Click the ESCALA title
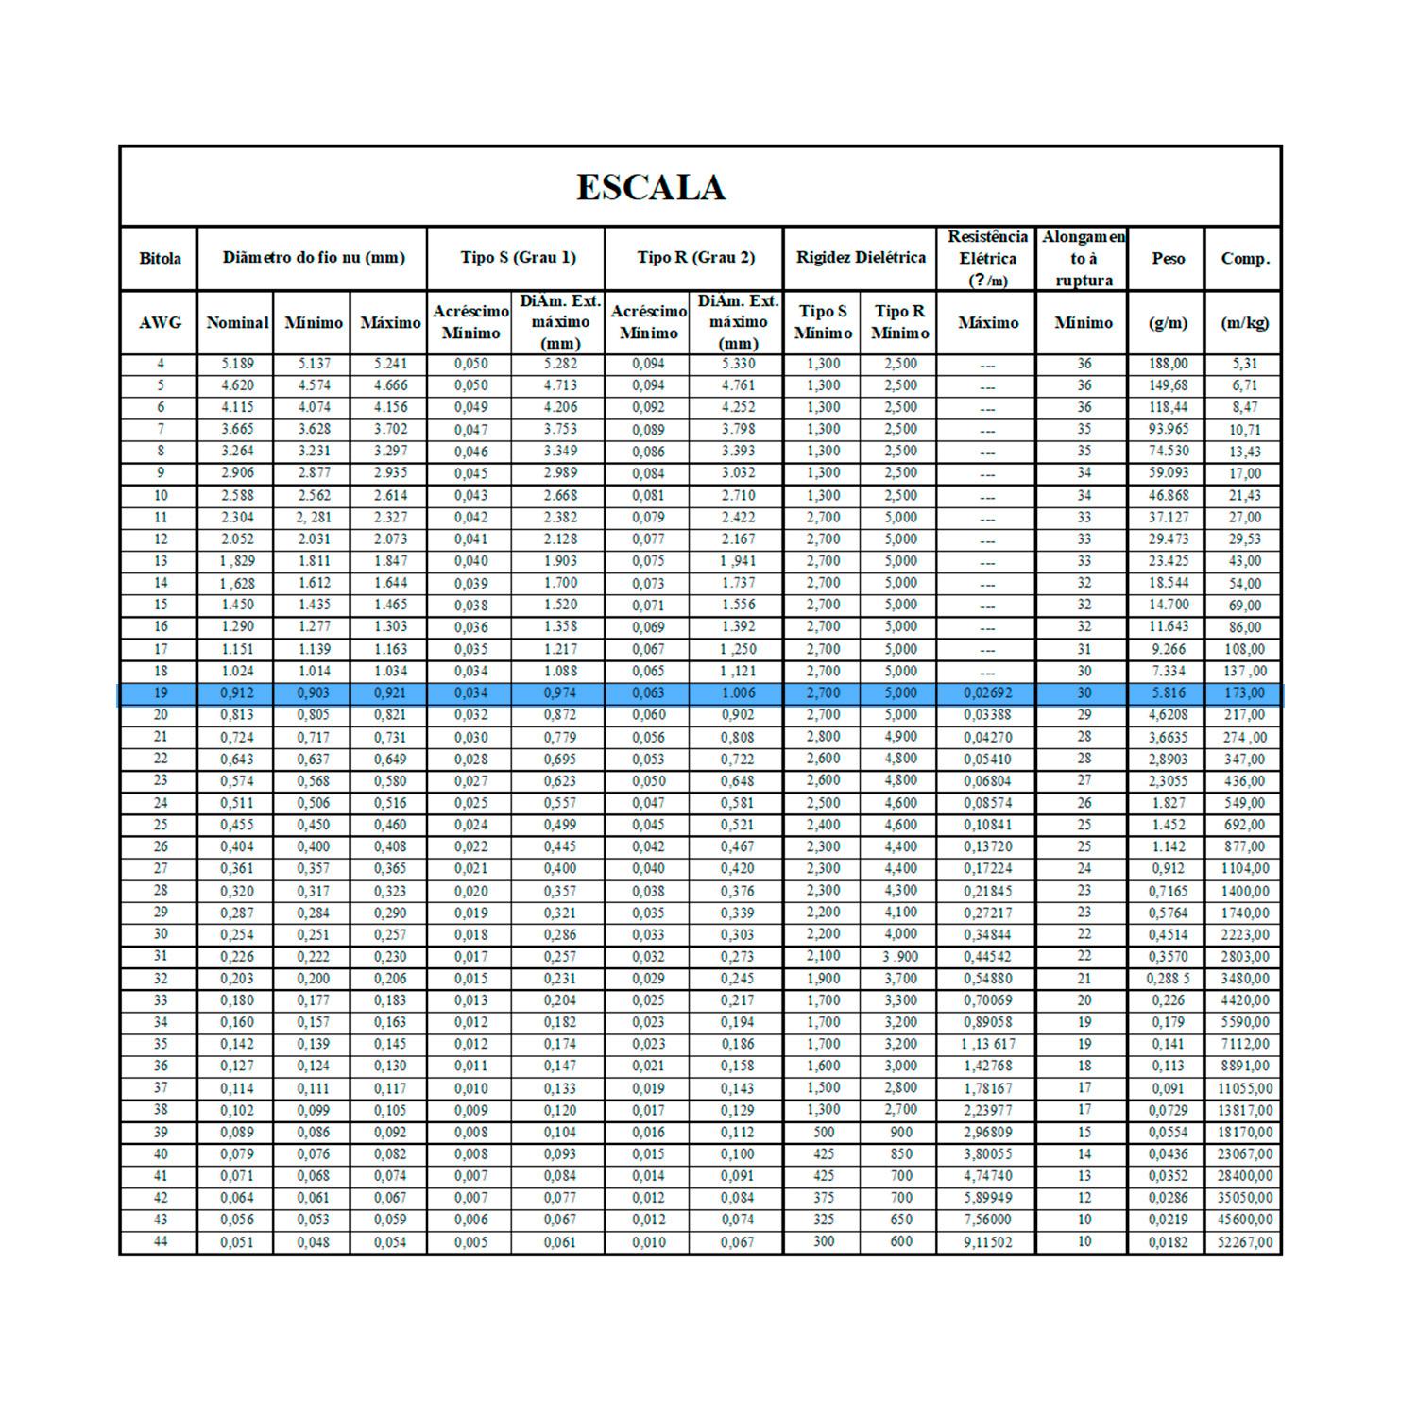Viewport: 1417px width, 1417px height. [x=651, y=187]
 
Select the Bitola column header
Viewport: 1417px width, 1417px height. [x=160, y=258]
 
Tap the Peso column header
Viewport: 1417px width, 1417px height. [x=1168, y=258]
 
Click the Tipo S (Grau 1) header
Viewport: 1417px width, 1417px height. [x=518, y=257]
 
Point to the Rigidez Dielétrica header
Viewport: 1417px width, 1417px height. [x=861, y=257]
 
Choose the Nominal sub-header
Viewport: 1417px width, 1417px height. [x=237, y=322]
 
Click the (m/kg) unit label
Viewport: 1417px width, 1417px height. [x=1244, y=322]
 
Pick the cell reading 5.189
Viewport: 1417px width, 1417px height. [x=237, y=364]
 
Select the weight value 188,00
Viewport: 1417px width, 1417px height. [x=1168, y=364]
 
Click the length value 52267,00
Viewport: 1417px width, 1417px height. [x=1245, y=1242]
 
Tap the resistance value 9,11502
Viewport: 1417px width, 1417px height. [x=987, y=1242]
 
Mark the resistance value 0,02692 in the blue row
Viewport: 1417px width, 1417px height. [x=987, y=693]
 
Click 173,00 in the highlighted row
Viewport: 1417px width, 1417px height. [x=1245, y=693]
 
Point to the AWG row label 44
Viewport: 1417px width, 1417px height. [x=160, y=1242]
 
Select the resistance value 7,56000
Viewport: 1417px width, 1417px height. [x=987, y=1220]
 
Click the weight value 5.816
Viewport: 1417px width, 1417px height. [x=1168, y=693]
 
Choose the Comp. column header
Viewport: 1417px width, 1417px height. [x=1245, y=258]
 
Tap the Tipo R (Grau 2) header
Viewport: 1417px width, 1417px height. [x=696, y=257]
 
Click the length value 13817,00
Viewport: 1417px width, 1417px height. [x=1245, y=1110]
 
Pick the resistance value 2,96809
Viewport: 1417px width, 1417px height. [x=987, y=1132]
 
